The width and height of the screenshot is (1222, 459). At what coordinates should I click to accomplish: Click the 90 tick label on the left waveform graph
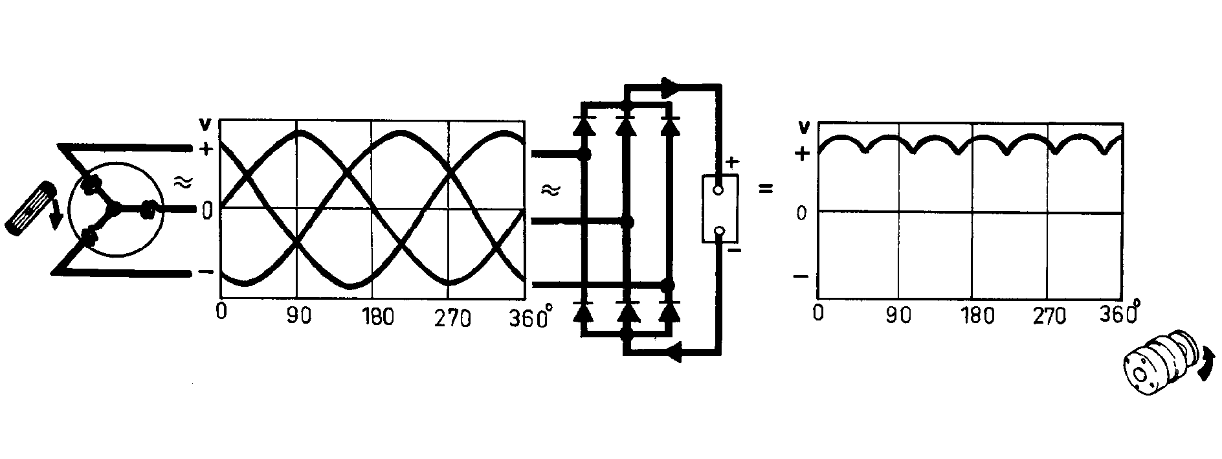point(298,318)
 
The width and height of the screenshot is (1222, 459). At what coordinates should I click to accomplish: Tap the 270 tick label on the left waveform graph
point(452,319)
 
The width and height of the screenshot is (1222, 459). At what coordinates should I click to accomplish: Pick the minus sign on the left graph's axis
point(205,272)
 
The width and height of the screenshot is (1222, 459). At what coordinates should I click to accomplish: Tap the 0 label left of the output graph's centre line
point(802,212)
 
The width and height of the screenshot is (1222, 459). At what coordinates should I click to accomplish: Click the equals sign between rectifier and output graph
point(766,190)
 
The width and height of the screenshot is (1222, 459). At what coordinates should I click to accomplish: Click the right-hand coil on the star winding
point(149,208)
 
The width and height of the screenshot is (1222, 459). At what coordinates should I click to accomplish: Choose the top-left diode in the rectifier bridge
point(584,124)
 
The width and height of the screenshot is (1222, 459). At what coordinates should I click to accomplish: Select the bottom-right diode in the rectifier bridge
point(669,311)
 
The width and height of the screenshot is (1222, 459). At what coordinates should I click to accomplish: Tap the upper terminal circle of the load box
point(718,190)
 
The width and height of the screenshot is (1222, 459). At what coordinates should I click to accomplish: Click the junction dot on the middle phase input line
point(627,222)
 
